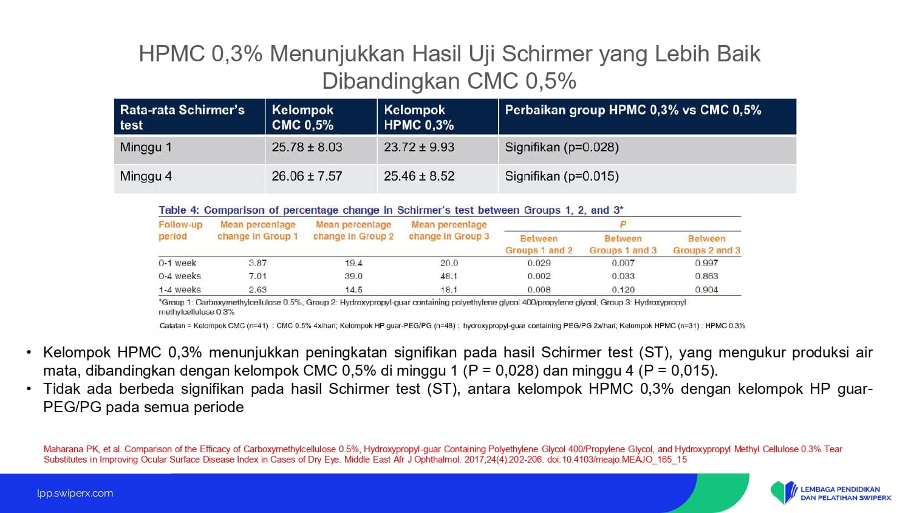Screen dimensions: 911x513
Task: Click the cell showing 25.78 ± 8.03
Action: (307, 147)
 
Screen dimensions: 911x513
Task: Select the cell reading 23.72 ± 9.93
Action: (419, 147)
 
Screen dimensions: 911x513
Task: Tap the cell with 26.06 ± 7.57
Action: (307, 176)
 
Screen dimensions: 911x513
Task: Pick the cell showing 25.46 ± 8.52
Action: (419, 176)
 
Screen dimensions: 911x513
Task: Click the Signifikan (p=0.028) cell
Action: (562, 147)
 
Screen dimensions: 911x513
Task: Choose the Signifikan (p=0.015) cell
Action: (562, 177)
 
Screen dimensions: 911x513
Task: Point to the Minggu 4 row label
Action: (146, 177)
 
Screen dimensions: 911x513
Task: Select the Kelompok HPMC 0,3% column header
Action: (419, 117)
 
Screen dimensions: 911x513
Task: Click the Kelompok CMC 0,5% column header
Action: (303, 117)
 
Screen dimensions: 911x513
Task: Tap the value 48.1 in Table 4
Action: (449, 276)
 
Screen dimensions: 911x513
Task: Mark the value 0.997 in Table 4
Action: (706, 263)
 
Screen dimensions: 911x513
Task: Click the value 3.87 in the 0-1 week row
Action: (258, 263)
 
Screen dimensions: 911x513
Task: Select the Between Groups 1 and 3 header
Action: (623, 244)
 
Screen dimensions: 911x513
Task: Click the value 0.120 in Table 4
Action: (623, 289)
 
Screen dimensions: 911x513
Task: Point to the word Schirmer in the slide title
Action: (547, 53)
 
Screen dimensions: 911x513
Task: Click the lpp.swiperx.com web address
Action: (75, 493)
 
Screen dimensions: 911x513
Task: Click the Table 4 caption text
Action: (391, 210)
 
